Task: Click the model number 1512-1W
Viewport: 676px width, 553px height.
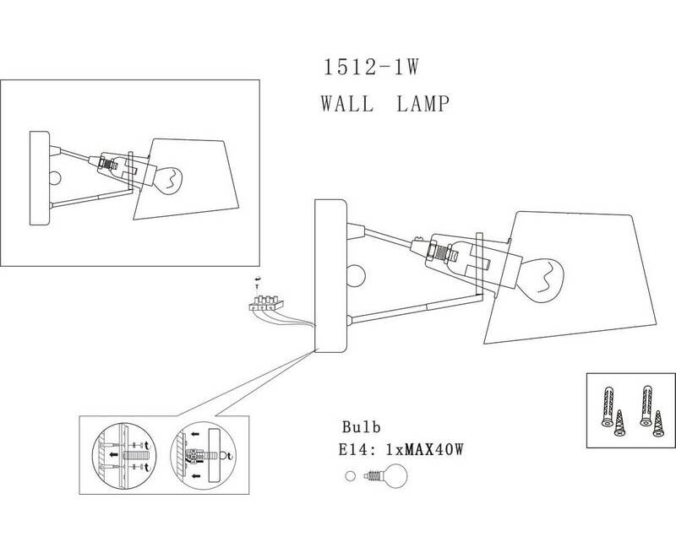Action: pyautogui.click(x=371, y=68)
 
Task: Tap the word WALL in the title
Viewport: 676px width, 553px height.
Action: pyautogui.click(x=347, y=104)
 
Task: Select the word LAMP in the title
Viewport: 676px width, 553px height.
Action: pyautogui.click(x=423, y=104)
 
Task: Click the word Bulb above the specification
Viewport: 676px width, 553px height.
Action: pyautogui.click(x=362, y=427)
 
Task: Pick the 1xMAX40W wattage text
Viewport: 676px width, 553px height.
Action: pyautogui.click(x=425, y=450)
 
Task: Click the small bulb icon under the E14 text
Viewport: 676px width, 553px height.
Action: pyautogui.click(x=386, y=476)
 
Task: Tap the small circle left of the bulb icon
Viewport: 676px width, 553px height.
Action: pyautogui.click(x=350, y=476)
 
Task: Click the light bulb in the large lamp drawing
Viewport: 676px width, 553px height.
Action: pyautogui.click(x=543, y=281)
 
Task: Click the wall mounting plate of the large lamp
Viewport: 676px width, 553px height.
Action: pyautogui.click(x=330, y=275)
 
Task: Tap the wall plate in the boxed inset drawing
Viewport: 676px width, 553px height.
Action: pyautogui.click(x=40, y=178)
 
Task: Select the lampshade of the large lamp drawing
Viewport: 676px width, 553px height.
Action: pyautogui.click(x=570, y=278)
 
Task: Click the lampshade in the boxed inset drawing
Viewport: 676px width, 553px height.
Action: pyautogui.click(x=186, y=179)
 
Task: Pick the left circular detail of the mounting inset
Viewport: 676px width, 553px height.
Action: pyautogui.click(x=124, y=456)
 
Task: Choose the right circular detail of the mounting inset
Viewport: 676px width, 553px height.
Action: pyautogui.click(x=203, y=456)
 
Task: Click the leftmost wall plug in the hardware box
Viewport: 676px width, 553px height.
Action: pyautogui.click(x=607, y=407)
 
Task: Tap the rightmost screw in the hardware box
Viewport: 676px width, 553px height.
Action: pyautogui.click(x=658, y=424)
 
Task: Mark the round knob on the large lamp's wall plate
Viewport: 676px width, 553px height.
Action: pyautogui.click(x=357, y=275)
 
